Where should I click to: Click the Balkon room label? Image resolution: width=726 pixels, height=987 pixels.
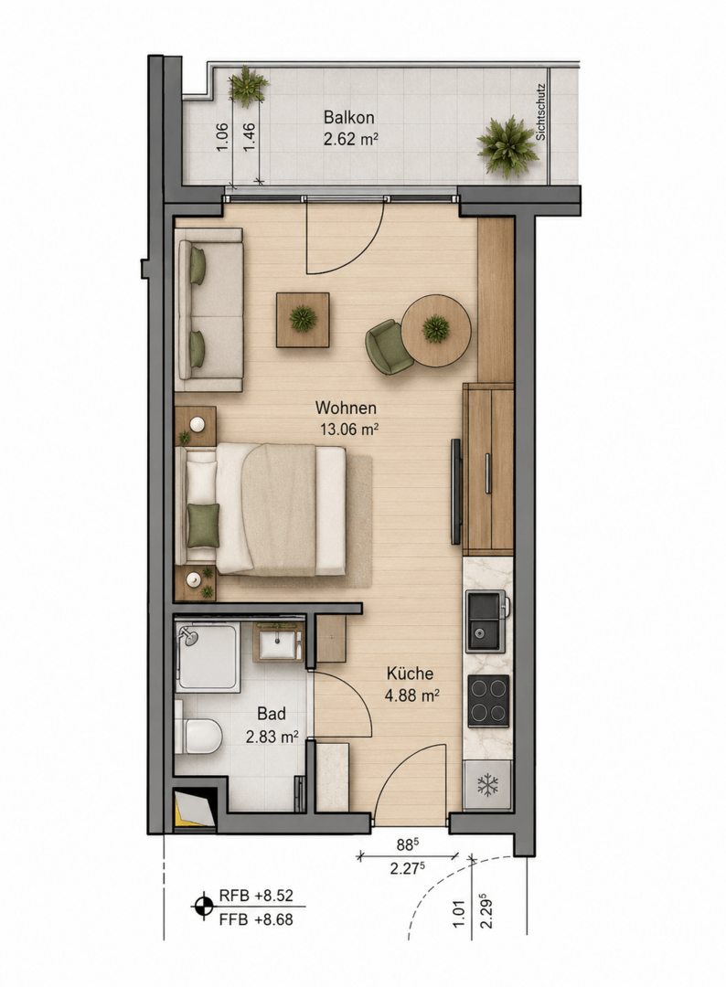coord(349,118)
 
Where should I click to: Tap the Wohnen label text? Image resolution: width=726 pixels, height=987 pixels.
coord(346,408)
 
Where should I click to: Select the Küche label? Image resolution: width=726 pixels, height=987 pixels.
coord(410,674)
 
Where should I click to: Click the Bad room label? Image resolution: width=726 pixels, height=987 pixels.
coord(272,714)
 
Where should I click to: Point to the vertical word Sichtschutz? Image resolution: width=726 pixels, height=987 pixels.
coord(541,112)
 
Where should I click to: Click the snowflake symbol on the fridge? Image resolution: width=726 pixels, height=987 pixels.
coord(487,784)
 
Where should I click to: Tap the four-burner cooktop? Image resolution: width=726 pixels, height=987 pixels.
coord(488,701)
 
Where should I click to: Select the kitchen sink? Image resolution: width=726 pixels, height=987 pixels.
coord(486,621)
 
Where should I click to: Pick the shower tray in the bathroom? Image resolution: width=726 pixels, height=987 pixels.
coord(208,657)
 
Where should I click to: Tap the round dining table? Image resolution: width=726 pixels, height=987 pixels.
coord(436,331)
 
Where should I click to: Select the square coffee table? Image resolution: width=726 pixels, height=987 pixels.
coord(303,320)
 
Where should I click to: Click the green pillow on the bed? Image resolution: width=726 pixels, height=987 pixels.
coord(203,525)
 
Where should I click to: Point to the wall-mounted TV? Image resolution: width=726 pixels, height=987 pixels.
coord(456,492)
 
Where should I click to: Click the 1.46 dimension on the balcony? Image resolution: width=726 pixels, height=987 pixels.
coord(250,136)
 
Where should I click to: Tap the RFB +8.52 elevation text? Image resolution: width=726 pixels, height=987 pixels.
coord(256,896)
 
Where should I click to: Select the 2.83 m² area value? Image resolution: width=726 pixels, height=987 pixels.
coord(272,737)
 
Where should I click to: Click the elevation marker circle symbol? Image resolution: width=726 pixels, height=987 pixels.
coord(203,907)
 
